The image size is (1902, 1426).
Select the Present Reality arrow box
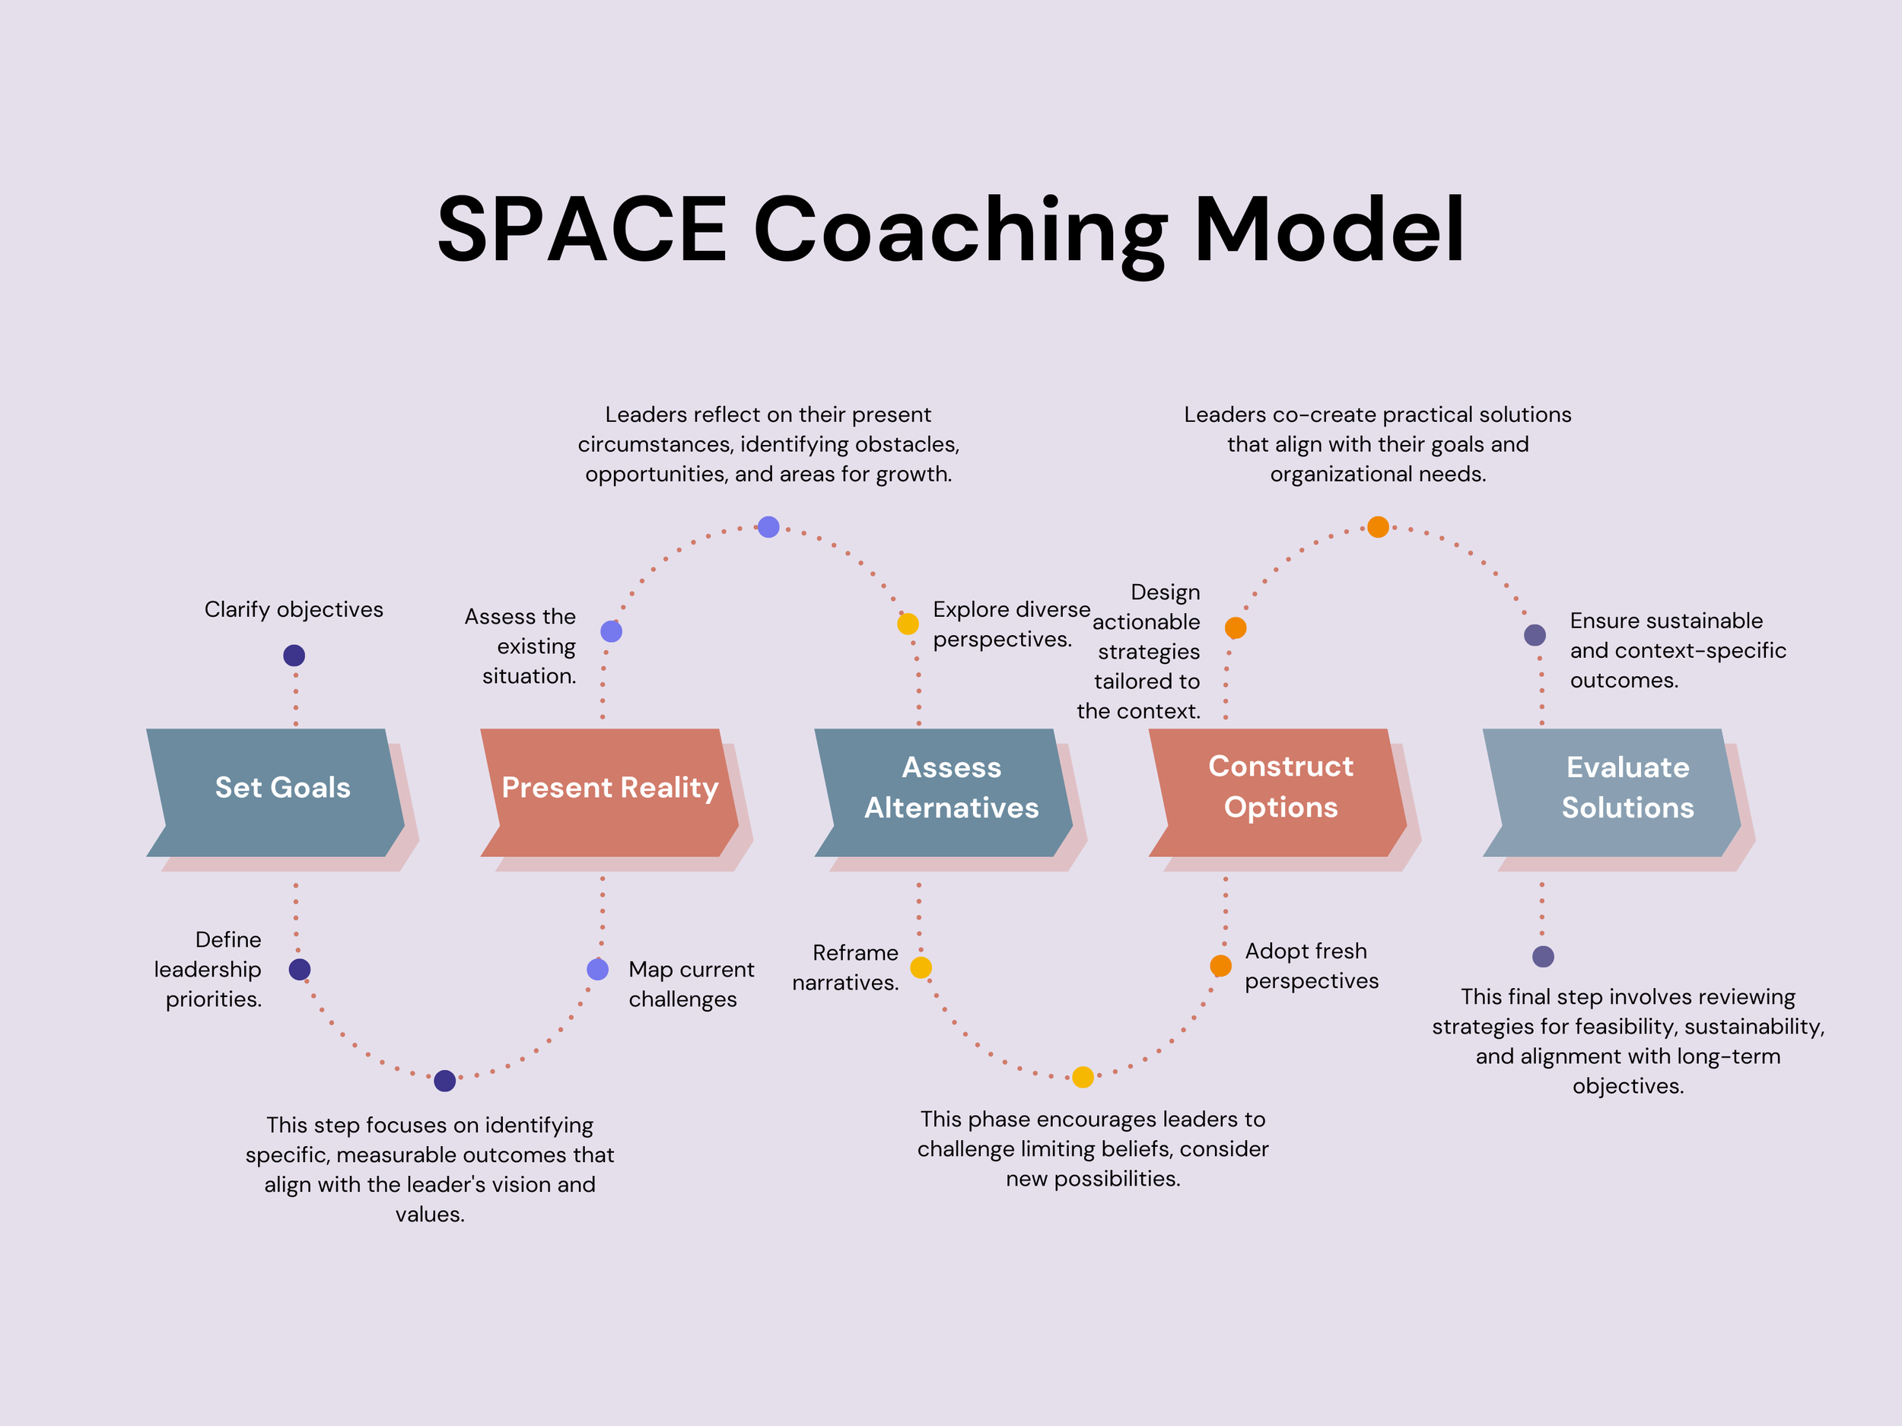pos(609,791)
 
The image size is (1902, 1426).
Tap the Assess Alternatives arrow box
pos(946,791)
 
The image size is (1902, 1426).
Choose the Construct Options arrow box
pos(1280,791)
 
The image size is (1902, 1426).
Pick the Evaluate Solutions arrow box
pos(1617,791)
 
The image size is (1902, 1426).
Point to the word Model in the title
pos(1328,230)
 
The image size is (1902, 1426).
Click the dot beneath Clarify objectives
pos(294,656)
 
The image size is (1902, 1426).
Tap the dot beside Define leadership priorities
pos(299,970)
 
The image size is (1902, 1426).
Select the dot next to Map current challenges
pos(597,970)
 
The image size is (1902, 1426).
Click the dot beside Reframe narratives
pos(921,968)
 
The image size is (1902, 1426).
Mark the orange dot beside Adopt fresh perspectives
pos(1220,966)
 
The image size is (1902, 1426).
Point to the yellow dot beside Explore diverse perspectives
pos(908,624)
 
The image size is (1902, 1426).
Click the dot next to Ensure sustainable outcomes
pos(1535,635)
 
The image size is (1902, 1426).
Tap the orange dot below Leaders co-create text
pos(1379,527)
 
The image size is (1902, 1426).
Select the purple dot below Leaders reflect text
pos(768,527)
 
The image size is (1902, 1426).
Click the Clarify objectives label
pos(294,609)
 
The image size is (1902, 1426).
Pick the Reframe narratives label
pos(845,968)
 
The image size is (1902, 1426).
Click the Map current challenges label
pos(692,984)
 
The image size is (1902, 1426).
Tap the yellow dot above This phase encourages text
pos(1083,1077)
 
